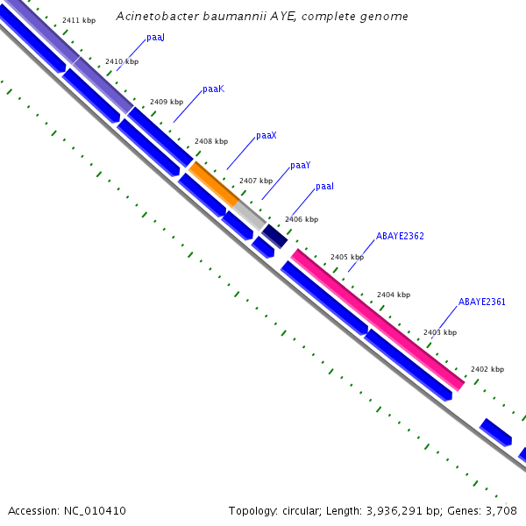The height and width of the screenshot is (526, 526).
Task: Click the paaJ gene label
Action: [155, 39]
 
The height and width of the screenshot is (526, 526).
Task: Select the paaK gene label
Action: [213, 89]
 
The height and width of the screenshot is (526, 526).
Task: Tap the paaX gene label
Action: [266, 136]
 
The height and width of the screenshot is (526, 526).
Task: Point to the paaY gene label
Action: [300, 165]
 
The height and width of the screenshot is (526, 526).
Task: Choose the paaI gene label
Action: [324, 187]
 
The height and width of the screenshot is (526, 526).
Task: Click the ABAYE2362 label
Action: [400, 237]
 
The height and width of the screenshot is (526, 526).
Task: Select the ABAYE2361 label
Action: [481, 302]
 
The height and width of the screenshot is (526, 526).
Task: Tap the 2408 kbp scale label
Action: [210, 141]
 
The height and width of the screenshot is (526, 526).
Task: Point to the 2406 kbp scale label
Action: [301, 219]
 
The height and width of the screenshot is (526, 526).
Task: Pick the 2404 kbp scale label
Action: [393, 295]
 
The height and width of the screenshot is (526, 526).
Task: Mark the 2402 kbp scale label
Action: [487, 370]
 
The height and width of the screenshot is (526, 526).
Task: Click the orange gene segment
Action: [213, 184]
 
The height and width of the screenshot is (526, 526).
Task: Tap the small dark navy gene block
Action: [274, 236]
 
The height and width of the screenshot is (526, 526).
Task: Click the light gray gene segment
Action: [249, 213]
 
